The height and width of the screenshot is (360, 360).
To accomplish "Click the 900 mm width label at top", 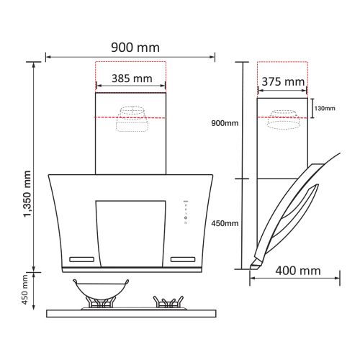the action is tap(135, 48).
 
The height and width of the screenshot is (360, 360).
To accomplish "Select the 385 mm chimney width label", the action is tap(132, 78).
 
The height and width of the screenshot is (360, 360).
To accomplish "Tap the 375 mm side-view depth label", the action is tap(283, 82).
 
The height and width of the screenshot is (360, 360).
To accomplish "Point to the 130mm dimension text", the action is tap(325, 109).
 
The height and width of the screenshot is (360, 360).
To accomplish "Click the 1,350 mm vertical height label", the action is tap(27, 194).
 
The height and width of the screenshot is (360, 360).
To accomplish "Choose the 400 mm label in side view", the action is tap(298, 271).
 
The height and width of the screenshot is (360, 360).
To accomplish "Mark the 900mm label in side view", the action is tap(225, 123).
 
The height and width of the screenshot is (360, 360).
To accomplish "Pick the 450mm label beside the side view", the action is tap(225, 223).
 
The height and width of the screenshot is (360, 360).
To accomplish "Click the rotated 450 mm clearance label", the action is tap(24, 289).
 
